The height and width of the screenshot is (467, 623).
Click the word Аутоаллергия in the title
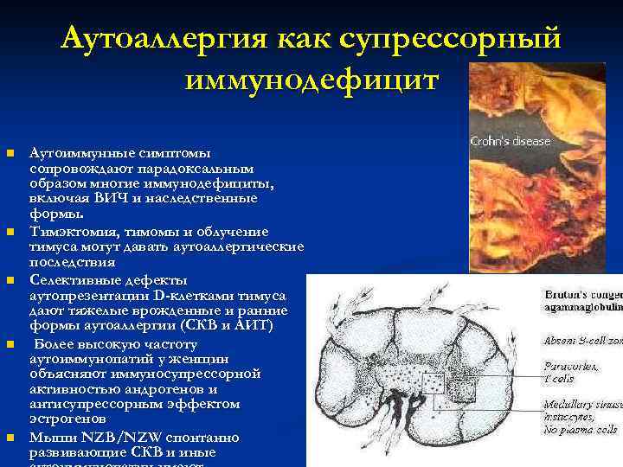[165, 40]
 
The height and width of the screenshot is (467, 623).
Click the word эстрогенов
[65, 418]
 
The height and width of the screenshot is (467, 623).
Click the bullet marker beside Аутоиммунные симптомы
[10, 154]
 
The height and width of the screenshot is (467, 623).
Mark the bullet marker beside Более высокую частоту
[10, 345]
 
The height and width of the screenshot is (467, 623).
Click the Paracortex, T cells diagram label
[572, 373]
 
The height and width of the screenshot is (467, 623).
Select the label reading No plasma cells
[580, 430]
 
